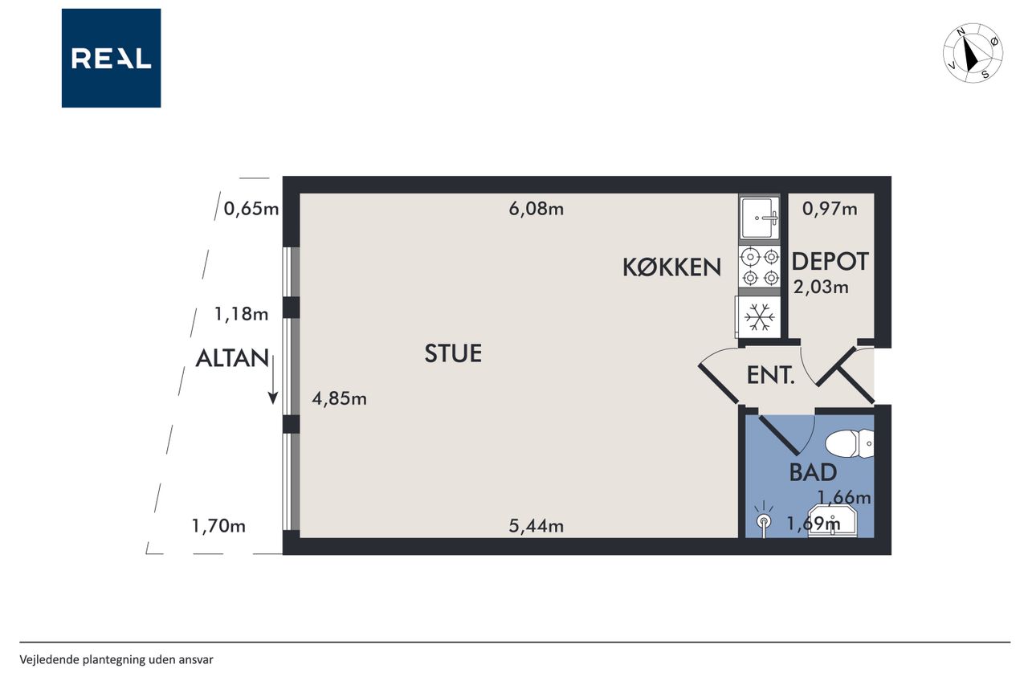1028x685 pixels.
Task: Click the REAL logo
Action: click(111, 58)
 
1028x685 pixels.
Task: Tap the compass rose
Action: click(973, 53)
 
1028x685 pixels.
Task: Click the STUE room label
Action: click(453, 353)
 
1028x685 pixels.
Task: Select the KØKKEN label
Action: click(672, 267)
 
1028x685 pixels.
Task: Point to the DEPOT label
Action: click(830, 261)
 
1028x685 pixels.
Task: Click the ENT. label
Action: click(770, 375)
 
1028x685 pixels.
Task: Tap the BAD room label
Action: click(813, 472)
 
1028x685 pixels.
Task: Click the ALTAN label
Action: click(232, 358)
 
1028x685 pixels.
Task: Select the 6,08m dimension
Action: click(536, 210)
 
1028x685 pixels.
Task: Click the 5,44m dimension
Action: click(536, 526)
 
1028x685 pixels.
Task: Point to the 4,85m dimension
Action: click(339, 398)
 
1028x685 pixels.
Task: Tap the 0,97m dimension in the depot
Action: click(830, 210)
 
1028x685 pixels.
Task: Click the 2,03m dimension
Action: click(821, 287)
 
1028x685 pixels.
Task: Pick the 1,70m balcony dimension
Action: click(218, 526)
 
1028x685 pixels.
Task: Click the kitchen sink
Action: click(760, 218)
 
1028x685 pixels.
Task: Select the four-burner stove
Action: click(760, 267)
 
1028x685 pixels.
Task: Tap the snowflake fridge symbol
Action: click(760, 316)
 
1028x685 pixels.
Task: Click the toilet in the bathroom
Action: click(850, 443)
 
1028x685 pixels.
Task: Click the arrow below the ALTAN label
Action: click(273, 380)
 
